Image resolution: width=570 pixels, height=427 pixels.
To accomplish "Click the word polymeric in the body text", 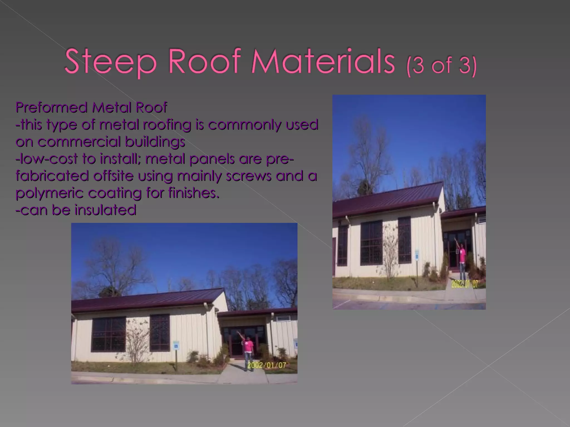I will click(49, 193).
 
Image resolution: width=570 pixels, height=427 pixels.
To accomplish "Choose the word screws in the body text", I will click(249, 176).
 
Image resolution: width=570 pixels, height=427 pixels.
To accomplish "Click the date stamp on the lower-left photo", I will click(267, 365).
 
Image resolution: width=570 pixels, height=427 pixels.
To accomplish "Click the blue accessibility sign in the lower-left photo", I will click(176, 346).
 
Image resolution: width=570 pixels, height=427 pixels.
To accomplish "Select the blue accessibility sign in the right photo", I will click(417, 254).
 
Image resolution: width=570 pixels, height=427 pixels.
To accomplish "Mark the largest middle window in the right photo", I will click(371, 242).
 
